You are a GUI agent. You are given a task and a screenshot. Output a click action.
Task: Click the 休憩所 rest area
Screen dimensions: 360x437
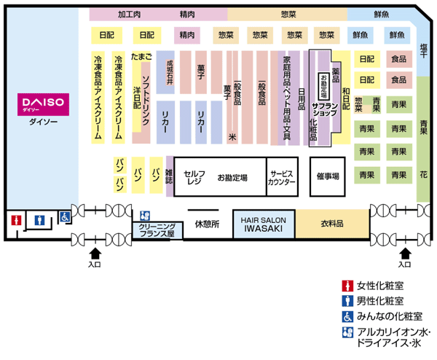[x=207, y=224]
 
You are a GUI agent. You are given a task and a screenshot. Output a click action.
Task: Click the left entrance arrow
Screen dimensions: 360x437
[x=95, y=254]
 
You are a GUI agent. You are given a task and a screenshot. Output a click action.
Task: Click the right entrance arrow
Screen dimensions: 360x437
[x=406, y=254]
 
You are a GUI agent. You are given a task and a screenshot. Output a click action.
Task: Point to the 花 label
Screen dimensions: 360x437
[x=424, y=176]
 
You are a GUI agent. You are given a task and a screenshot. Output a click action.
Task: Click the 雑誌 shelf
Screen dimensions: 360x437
[x=169, y=176]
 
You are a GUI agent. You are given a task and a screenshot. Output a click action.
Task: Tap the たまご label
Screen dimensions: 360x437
[x=141, y=55]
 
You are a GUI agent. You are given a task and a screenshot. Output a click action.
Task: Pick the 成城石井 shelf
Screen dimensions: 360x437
[x=170, y=71]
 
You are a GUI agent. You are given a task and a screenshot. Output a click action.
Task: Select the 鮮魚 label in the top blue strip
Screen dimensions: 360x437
[x=382, y=14]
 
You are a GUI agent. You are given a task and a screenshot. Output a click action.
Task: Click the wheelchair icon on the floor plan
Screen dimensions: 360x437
[x=63, y=216]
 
